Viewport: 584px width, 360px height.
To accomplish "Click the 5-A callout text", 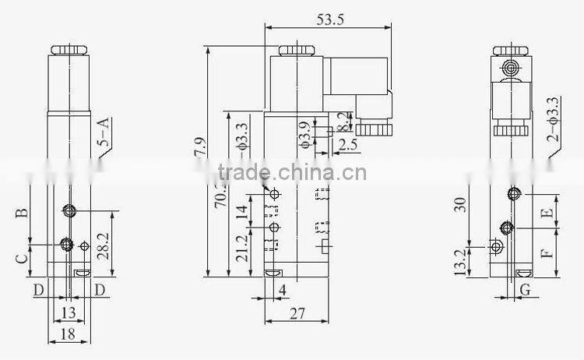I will (x=103, y=132).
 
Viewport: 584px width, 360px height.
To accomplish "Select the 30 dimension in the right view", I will (x=460, y=204).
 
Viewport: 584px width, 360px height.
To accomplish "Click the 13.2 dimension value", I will (x=460, y=260).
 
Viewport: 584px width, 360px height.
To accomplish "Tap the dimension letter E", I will (x=547, y=210).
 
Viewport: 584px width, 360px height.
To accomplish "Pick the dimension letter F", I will (x=547, y=253).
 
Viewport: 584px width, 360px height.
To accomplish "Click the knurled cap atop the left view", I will (x=69, y=51).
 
